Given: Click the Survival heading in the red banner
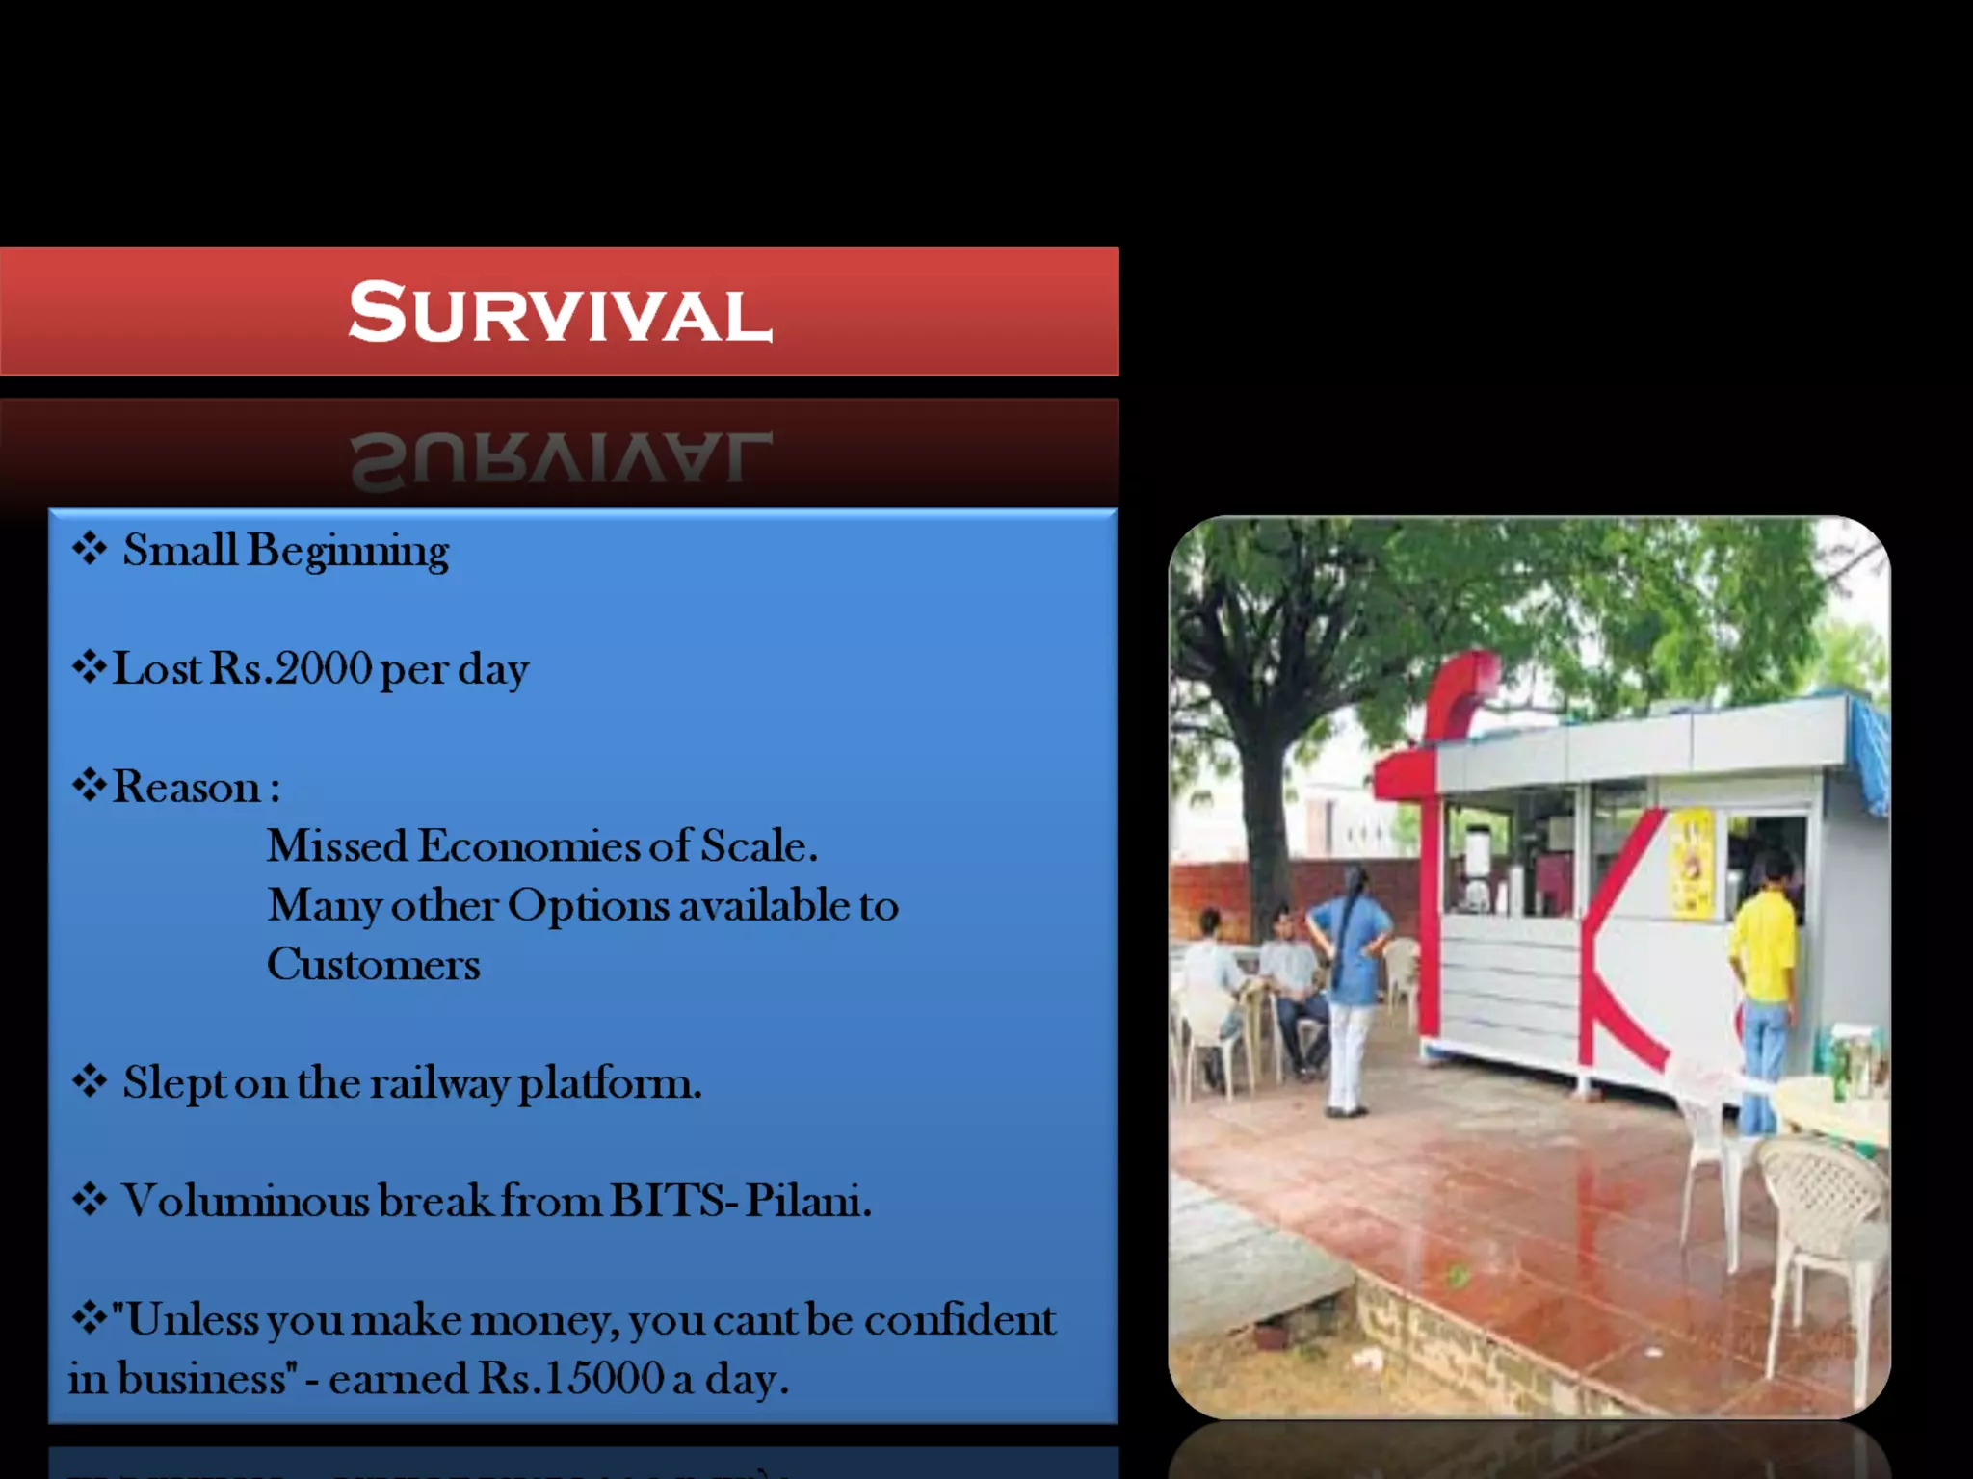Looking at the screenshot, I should (x=560, y=313).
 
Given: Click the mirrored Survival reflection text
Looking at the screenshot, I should (x=560, y=459).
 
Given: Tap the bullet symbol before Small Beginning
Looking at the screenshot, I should (x=90, y=550).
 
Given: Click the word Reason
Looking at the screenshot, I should (x=187, y=787).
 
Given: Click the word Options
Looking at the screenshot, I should (x=588, y=905).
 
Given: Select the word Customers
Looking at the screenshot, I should (x=373, y=965).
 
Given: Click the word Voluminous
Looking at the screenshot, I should (x=246, y=1201).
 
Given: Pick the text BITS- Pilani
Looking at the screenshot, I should (x=740, y=1201).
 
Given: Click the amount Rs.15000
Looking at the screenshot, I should (x=571, y=1378).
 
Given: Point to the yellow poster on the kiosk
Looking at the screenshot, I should (x=1691, y=864).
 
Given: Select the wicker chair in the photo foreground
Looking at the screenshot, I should (x=1821, y=1242).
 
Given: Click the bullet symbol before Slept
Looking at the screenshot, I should (x=90, y=1082).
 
